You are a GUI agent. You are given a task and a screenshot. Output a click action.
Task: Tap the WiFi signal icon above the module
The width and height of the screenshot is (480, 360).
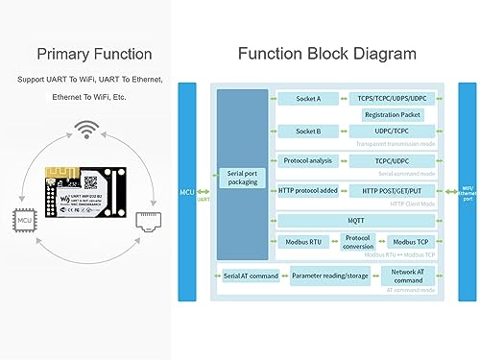(x=88, y=129)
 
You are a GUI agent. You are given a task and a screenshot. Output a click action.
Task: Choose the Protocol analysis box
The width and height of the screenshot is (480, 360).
(x=308, y=160)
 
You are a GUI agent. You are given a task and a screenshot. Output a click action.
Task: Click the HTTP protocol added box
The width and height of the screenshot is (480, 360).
(x=308, y=190)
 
